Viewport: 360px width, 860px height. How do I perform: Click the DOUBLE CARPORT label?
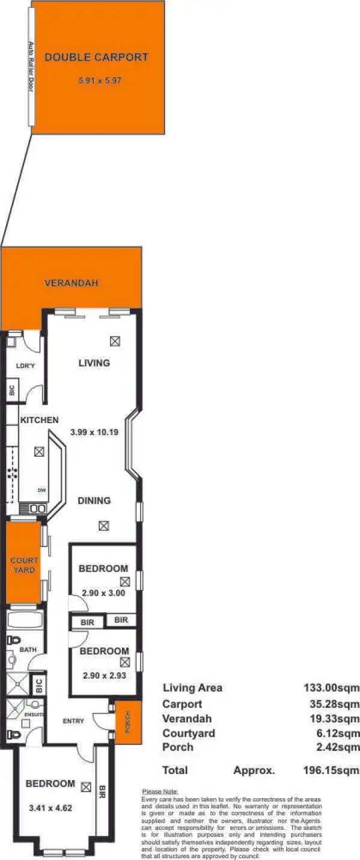coord(96,58)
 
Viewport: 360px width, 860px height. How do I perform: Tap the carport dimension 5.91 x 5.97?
coord(100,80)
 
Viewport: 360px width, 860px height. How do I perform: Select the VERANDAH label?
coord(71,283)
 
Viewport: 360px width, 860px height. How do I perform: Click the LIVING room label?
coord(94,363)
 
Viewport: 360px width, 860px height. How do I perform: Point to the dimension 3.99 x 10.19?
coord(95,432)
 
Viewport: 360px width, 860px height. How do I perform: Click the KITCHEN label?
coord(39,420)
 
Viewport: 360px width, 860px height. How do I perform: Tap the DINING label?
coord(94,501)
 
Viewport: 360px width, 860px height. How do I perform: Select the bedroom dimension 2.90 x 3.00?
coord(103,593)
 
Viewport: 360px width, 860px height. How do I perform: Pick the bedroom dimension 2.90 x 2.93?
coord(104,675)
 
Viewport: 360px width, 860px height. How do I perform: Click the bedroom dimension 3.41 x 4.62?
coord(51,808)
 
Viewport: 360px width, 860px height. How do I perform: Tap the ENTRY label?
coord(73,721)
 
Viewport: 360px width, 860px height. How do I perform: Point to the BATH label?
coord(28,650)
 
